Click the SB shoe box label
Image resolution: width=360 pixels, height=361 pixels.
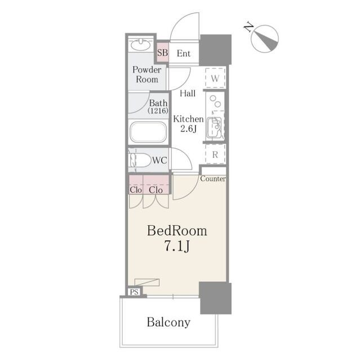click(x=162, y=52)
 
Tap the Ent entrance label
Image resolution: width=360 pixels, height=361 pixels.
click(x=184, y=54)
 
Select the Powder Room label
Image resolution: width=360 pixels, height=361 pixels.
click(x=147, y=74)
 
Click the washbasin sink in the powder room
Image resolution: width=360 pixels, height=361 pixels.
click(x=141, y=45)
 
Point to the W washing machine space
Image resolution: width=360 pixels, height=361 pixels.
click(x=215, y=78)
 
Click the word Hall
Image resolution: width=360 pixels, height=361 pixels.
click(x=188, y=93)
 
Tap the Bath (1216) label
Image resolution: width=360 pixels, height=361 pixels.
click(x=158, y=107)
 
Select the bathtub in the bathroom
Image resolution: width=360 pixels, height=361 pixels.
click(x=148, y=132)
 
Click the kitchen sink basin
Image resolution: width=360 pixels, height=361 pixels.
click(x=214, y=128)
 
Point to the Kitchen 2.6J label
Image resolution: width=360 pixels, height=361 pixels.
click(x=189, y=124)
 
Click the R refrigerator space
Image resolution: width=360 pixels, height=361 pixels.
click(x=215, y=154)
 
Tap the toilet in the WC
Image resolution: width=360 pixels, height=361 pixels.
click(x=139, y=160)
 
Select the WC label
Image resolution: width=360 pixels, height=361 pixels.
click(x=159, y=160)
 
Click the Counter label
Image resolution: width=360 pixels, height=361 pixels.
click(x=213, y=179)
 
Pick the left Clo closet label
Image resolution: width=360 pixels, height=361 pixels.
click(x=136, y=190)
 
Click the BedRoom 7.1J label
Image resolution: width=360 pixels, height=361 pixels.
click(x=177, y=238)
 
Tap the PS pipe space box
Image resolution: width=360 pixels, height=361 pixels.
click(x=134, y=292)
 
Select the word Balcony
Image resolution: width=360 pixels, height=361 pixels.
click(x=168, y=323)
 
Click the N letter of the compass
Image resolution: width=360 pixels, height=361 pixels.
click(x=248, y=27)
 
